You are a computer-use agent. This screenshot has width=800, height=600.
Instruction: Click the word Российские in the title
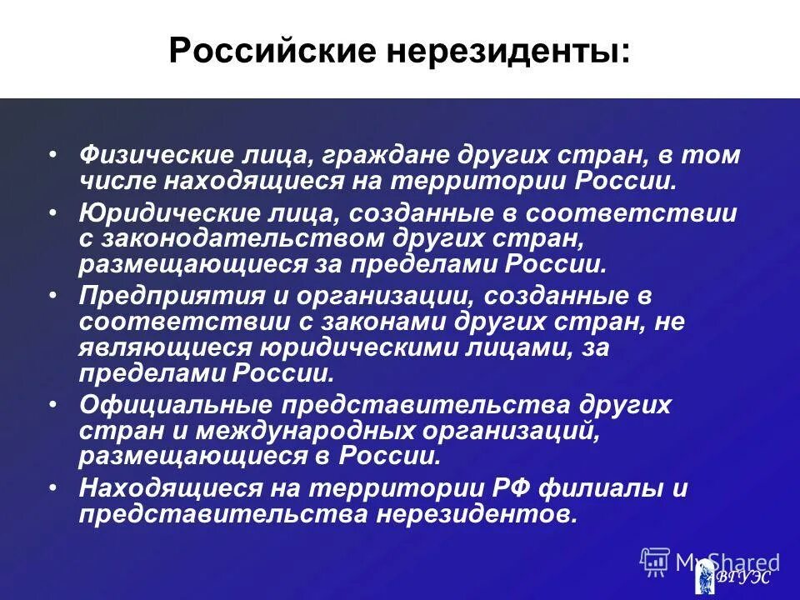coord(260,52)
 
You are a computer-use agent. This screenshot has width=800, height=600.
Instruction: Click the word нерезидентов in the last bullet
coord(475,513)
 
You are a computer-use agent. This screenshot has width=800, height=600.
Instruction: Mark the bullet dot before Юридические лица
coord(53,212)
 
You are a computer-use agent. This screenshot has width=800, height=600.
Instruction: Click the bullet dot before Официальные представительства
coord(53,402)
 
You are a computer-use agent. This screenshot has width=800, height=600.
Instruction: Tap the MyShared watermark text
coord(727,562)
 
